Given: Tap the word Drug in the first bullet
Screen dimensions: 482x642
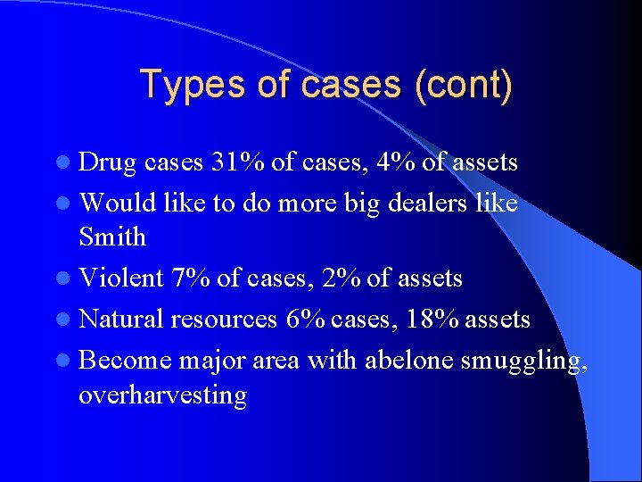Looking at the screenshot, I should click(x=108, y=162).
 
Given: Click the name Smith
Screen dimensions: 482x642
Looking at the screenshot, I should click(x=112, y=237).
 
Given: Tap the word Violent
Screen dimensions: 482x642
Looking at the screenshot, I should click(x=121, y=278).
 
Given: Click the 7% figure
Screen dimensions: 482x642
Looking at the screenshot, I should click(x=193, y=278).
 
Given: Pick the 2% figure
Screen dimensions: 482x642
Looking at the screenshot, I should click(x=342, y=278).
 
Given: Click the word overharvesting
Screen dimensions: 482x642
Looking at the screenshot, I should click(x=162, y=395).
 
